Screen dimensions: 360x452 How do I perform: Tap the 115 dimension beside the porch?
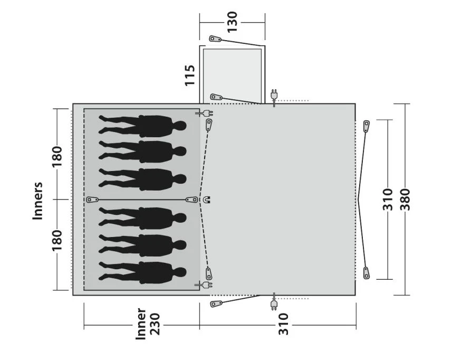[x=190, y=75]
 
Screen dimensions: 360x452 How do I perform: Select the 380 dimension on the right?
[x=405, y=199]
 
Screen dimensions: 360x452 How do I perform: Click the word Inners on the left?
[x=37, y=201]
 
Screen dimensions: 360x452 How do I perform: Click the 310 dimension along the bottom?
[x=283, y=324]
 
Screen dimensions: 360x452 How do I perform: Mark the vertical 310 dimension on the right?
[x=388, y=199]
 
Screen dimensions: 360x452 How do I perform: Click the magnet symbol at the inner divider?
[x=206, y=200]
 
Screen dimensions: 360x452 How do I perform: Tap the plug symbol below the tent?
[x=274, y=305]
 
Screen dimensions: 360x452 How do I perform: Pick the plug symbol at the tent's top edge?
[x=274, y=95]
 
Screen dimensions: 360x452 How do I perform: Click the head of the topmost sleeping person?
[x=180, y=126]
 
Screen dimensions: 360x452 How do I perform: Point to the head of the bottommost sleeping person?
[x=180, y=272]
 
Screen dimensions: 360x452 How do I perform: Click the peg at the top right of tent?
[x=367, y=127]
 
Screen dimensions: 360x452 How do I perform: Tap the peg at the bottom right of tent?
[x=367, y=272]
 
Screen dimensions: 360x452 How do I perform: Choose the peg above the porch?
[x=215, y=39]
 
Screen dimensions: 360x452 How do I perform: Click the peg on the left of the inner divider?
[x=92, y=200]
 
